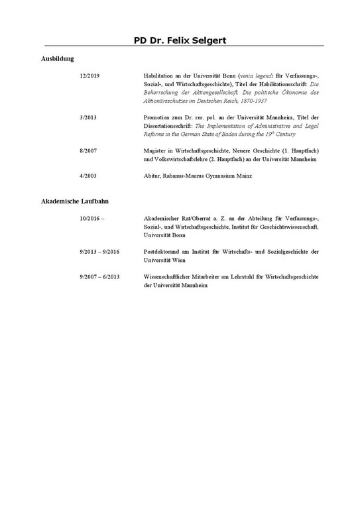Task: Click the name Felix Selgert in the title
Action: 197,40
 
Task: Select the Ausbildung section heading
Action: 58,59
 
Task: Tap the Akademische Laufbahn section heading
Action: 75,201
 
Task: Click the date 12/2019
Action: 89,76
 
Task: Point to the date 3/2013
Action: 88,117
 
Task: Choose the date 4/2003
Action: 88,176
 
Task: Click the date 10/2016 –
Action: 91,218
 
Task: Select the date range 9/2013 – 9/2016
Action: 99,252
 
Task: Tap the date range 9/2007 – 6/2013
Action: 99,276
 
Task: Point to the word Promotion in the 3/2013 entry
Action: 157,117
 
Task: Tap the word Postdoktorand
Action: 163,252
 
